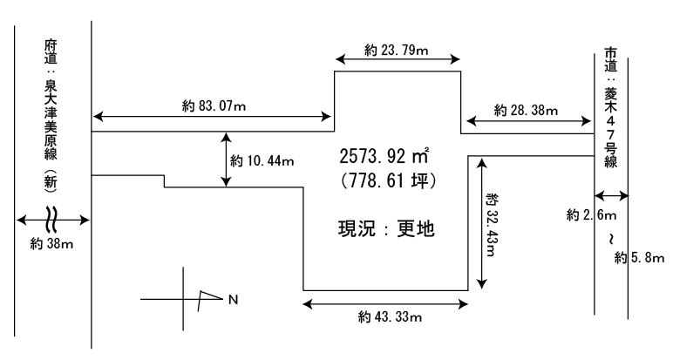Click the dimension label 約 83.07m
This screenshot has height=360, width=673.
214,105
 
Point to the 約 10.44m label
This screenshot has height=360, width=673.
262,161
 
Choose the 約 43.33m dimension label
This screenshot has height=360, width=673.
389,316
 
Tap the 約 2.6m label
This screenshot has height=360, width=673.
591,214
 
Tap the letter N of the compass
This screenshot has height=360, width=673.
232,300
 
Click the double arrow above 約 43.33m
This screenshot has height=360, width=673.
385,303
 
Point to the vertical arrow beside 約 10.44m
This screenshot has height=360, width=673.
227,160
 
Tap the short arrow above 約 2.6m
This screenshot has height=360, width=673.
610,195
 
